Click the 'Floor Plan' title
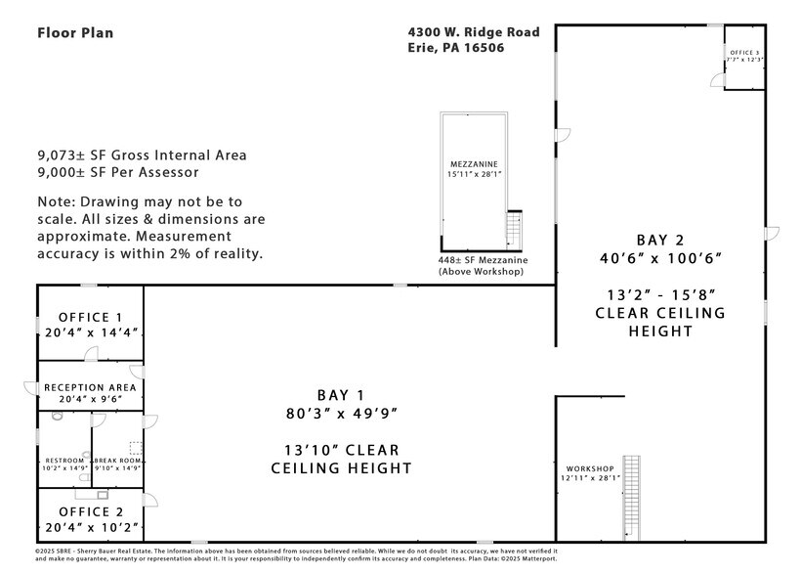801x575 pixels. pyautogui.click(x=75, y=32)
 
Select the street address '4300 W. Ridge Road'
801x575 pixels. pyautogui.click(x=474, y=32)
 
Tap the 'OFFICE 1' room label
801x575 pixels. pyautogui.click(x=90, y=317)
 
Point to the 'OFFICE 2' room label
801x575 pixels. pyautogui.click(x=90, y=511)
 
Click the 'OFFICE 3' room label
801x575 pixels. pyautogui.click(x=744, y=51)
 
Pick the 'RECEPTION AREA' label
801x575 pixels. pyautogui.click(x=90, y=387)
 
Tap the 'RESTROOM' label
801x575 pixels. pyautogui.click(x=64, y=461)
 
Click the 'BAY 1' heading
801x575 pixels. pyautogui.click(x=340, y=395)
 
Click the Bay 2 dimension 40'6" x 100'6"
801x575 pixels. pyautogui.click(x=660, y=259)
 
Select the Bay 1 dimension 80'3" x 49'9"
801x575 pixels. pyautogui.click(x=340, y=414)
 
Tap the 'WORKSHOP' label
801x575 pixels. pyautogui.click(x=589, y=468)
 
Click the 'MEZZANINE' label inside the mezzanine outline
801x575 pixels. pyautogui.click(x=474, y=164)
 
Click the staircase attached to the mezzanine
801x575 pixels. pyautogui.click(x=514, y=231)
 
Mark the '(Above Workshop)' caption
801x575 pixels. pyautogui.click(x=482, y=271)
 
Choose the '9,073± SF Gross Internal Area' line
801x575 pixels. pyautogui.click(x=142, y=155)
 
